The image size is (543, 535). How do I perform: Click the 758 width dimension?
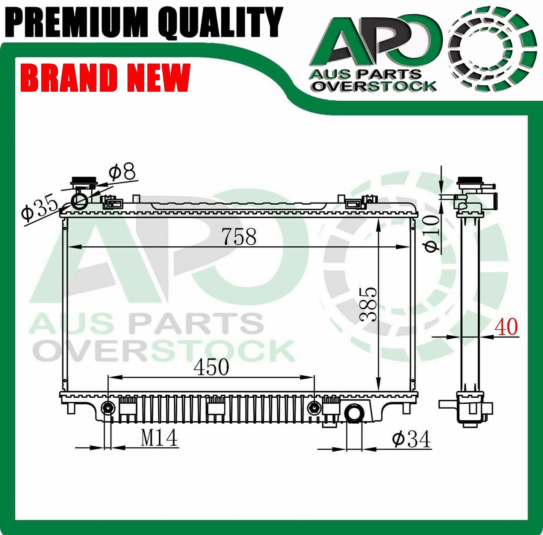click(x=239, y=236)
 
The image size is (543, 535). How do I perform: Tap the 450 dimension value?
click(x=211, y=367)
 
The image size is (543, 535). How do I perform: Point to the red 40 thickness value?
click(x=506, y=327)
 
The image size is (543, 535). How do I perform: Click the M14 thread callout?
click(x=159, y=438)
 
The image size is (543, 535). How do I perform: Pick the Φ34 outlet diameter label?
click(x=411, y=439)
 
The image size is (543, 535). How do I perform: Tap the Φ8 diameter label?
click(x=122, y=172)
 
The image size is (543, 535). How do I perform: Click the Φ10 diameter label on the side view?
click(x=432, y=234)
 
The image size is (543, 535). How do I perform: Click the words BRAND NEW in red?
click(x=107, y=77)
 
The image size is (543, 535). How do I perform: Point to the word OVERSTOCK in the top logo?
click(x=375, y=86)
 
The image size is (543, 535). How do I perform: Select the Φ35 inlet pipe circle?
click(x=80, y=201)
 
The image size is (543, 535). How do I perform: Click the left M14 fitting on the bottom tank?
click(x=108, y=408)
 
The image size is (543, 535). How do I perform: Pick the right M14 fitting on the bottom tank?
click(x=314, y=408)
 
